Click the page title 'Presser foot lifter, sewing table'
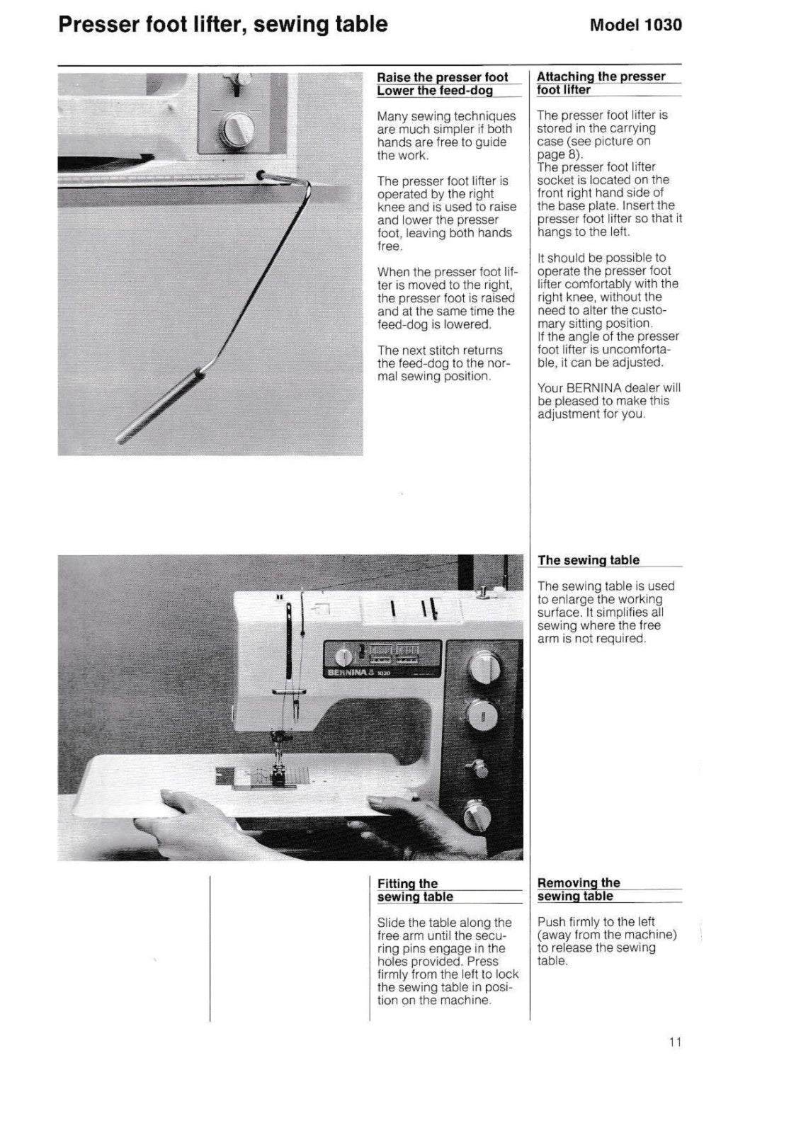(x=222, y=25)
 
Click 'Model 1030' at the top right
(x=635, y=25)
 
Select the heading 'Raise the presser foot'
(x=442, y=77)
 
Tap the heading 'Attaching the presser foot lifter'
(x=601, y=83)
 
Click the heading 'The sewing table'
(x=588, y=560)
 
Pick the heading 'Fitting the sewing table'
(x=415, y=890)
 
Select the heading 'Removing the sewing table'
(x=579, y=889)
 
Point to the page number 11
(x=674, y=1042)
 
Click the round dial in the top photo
(x=236, y=127)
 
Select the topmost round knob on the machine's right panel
(x=484, y=666)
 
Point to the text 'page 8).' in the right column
(x=559, y=154)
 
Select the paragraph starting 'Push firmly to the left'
(x=607, y=941)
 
